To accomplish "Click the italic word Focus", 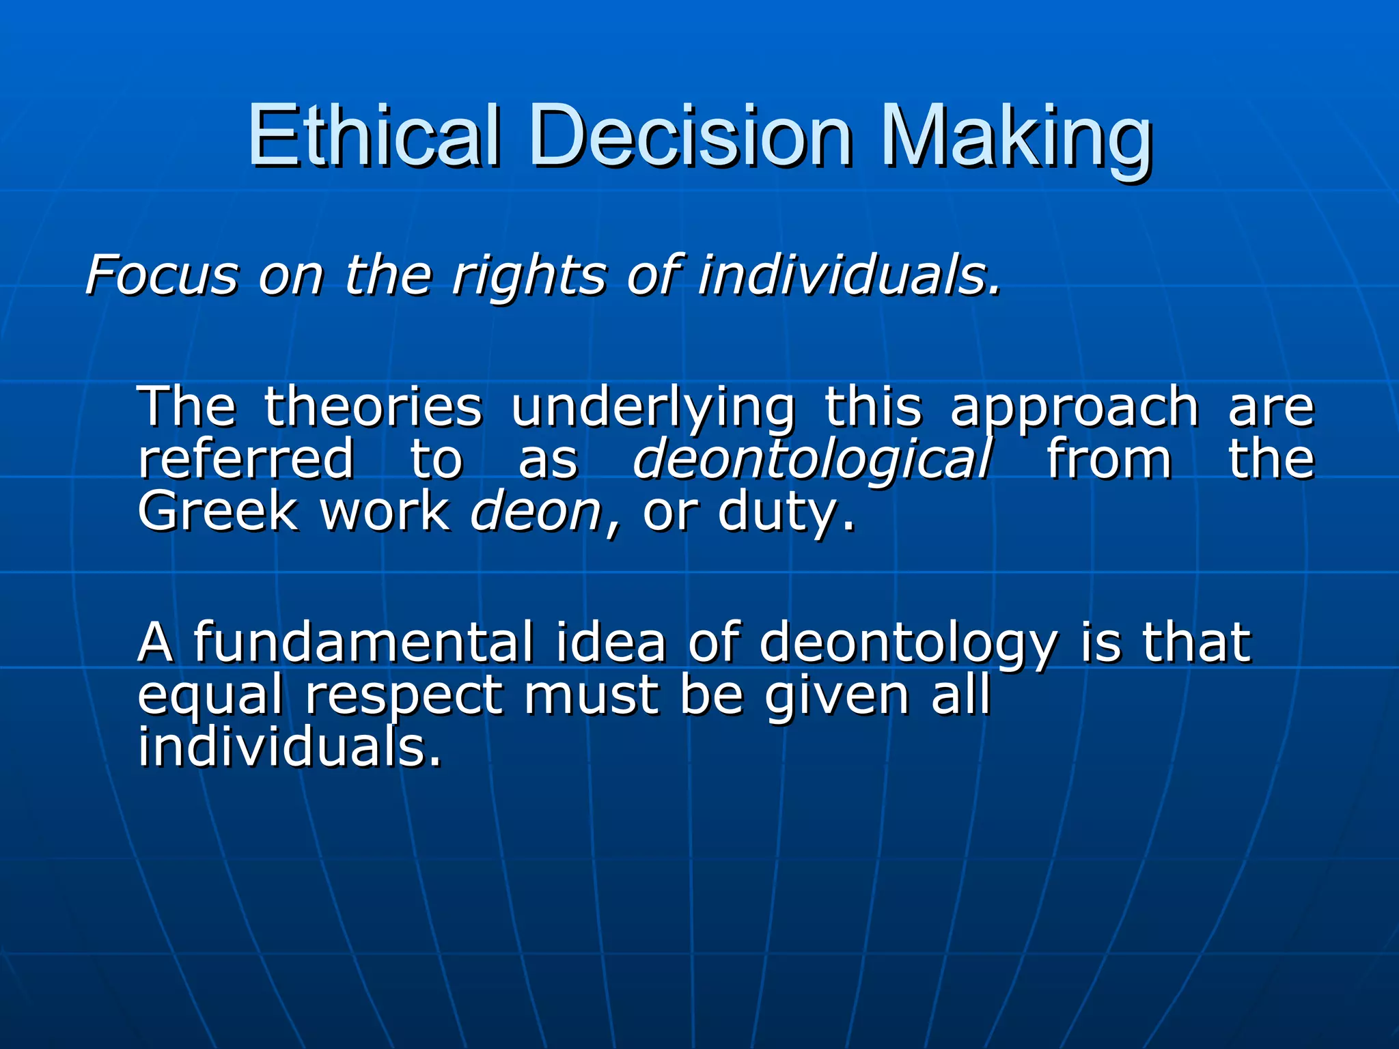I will pos(162,275).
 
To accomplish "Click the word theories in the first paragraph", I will pos(373,407).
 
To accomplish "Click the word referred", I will pos(246,460).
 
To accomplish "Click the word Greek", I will pos(218,512).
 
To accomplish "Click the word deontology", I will pos(908,644).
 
